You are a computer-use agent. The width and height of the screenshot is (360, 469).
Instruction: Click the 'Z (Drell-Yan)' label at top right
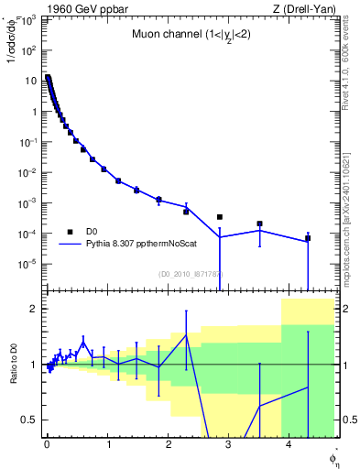coord(304,10)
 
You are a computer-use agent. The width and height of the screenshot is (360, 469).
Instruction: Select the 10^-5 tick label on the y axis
coord(27,264)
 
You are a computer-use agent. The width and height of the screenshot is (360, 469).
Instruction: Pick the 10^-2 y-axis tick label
coord(27,172)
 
